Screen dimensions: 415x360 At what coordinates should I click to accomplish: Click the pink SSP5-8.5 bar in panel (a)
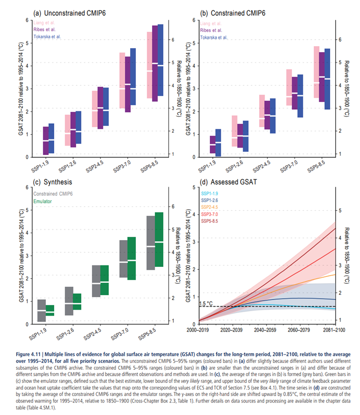pos(150,65)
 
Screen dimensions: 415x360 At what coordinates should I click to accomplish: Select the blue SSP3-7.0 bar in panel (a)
pos(133,77)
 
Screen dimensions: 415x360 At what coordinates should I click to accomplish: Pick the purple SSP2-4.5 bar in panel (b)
pos(268,115)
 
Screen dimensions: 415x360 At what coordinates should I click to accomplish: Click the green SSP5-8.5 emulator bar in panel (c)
pos(159,240)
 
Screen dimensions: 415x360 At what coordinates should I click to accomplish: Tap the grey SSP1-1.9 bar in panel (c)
pos(41,311)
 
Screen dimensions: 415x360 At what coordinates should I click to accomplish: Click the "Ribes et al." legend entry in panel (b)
pos(212,29)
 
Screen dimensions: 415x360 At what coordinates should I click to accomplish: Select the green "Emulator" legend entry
pos(43,201)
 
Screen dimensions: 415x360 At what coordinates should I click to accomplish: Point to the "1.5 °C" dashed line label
pos(206,303)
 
